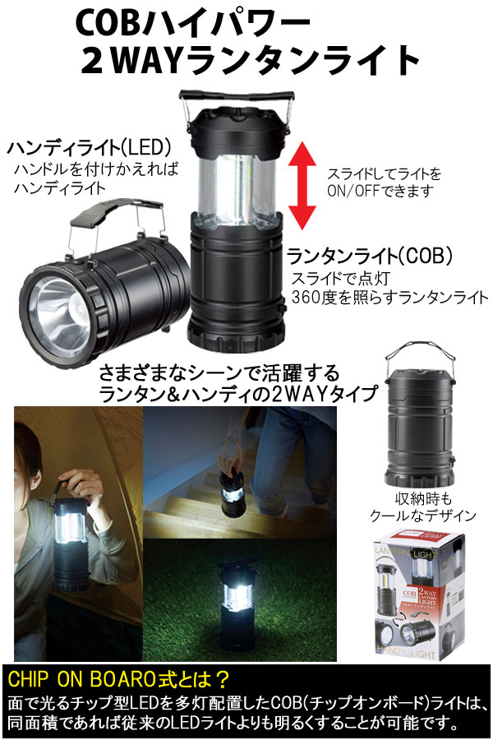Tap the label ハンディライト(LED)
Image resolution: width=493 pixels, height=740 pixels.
[x=89, y=149]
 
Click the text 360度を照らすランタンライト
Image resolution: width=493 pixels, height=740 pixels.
[x=390, y=297]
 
